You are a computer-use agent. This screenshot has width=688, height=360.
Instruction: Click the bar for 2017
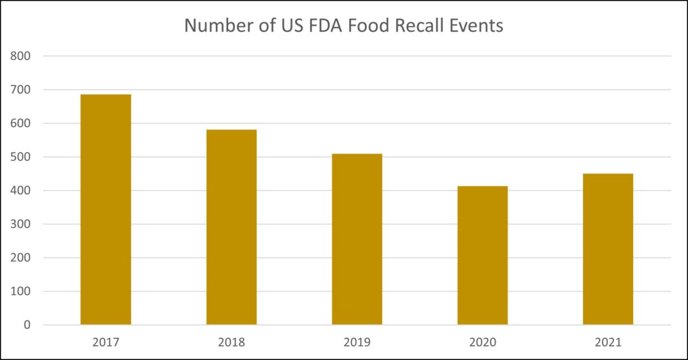click(106, 210)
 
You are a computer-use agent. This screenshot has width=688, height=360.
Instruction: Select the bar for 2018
click(231, 227)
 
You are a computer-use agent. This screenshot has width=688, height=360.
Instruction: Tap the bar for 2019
click(357, 239)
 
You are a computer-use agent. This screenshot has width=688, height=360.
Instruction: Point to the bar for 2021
click(608, 249)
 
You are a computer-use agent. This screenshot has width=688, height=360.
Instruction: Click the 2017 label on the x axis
click(106, 342)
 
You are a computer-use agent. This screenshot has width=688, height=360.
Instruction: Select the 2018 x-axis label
click(231, 342)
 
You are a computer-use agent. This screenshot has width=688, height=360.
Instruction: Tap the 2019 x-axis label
click(357, 342)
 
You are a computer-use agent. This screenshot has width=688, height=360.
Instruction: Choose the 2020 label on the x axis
click(482, 342)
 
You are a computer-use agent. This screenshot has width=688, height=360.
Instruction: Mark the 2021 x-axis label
click(608, 342)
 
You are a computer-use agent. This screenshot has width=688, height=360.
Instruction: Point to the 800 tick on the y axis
click(21, 56)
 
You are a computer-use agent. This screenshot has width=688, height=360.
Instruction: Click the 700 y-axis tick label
click(21, 90)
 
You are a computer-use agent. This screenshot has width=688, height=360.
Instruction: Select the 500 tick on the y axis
click(21, 157)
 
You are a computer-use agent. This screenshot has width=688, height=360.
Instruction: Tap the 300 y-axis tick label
click(21, 224)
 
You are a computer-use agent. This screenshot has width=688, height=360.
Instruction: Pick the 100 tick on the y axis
click(21, 291)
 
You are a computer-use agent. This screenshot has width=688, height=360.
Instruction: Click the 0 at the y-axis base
click(27, 325)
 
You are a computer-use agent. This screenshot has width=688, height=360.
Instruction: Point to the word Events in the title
click(477, 26)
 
